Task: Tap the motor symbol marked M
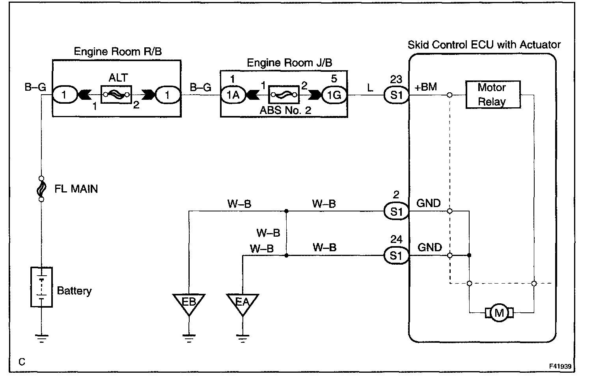tap(499, 313)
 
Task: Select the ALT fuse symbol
tap(116, 94)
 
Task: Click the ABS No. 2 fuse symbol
tap(284, 95)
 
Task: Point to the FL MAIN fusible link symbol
tap(41, 189)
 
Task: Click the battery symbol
tap(41, 287)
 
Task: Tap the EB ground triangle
tap(189, 304)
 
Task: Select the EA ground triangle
tap(242, 304)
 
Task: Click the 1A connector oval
tap(233, 95)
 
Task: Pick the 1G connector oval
tap(334, 95)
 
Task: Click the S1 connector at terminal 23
tap(396, 95)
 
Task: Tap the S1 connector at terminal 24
tap(396, 256)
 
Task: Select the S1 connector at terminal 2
tap(396, 211)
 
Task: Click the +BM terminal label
tap(426, 87)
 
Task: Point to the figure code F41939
tap(560, 366)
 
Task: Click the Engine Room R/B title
tap(118, 51)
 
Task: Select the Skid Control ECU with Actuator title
tap(484, 45)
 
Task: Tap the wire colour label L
tap(370, 88)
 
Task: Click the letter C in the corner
tap(22, 362)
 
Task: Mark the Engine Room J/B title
tap(289, 63)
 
